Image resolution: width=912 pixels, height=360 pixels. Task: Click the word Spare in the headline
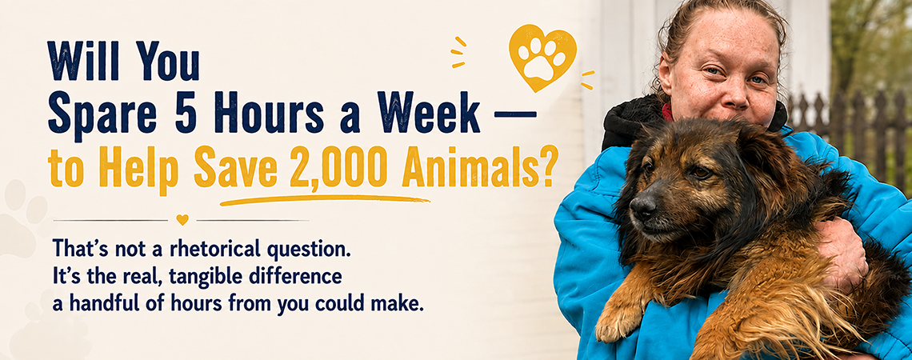102,114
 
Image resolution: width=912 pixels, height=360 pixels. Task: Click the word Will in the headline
83,61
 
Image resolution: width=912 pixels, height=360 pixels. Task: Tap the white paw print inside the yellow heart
542,58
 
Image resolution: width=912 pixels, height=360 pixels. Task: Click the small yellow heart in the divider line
182,220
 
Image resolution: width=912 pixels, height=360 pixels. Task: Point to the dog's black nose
642,206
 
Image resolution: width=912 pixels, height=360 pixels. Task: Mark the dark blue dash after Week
514,114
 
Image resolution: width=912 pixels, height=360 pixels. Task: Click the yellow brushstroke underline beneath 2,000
325,199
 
